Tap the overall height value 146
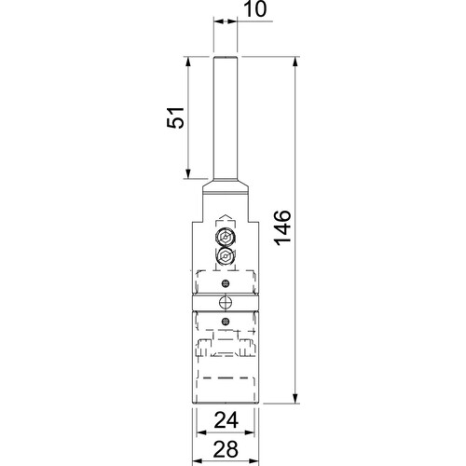(x=284, y=228)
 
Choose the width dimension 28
(x=224, y=450)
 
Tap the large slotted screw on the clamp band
(x=224, y=302)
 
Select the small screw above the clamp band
(x=224, y=283)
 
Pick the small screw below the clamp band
(x=224, y=321)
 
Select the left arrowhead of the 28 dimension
(x=198, y=461)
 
